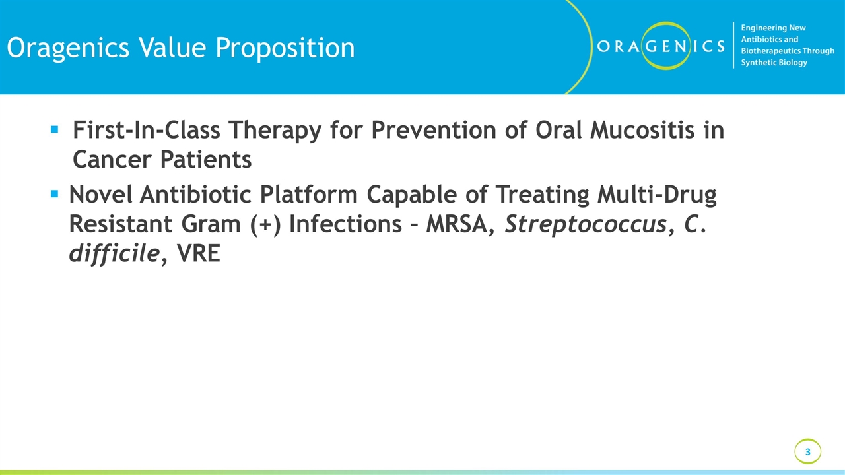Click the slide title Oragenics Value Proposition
point(180,47)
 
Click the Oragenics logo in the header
point(660,46)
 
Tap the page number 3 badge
point(807,452)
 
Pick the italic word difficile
point(114,253)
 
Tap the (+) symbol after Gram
point(267,224)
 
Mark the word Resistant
point(121,224)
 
